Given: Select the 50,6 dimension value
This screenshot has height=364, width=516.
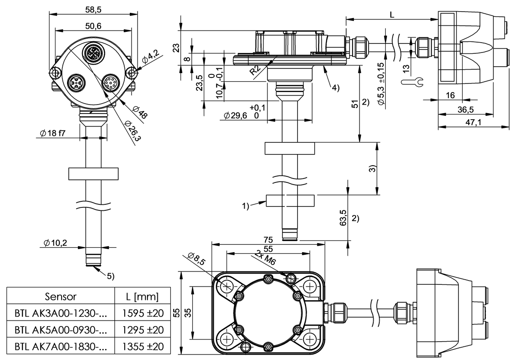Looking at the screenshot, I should (93, 26).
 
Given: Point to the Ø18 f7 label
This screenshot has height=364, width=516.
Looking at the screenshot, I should (51, 133).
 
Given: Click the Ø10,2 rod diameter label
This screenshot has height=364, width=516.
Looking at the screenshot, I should (55, 243).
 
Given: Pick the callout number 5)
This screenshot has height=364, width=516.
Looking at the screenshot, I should (110, 276).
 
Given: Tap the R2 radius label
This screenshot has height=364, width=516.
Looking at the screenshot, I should (255, 71).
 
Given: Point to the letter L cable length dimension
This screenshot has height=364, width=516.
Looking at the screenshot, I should (392, 14).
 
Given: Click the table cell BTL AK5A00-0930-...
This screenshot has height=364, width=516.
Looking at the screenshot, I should (60, 330).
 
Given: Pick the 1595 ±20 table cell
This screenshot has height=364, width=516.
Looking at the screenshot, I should (143, 313).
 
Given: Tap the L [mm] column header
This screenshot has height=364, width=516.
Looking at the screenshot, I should (143, 296).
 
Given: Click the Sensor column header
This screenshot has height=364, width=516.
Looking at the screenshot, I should (61, 296).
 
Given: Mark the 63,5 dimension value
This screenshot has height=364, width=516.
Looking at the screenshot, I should (343, 219).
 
